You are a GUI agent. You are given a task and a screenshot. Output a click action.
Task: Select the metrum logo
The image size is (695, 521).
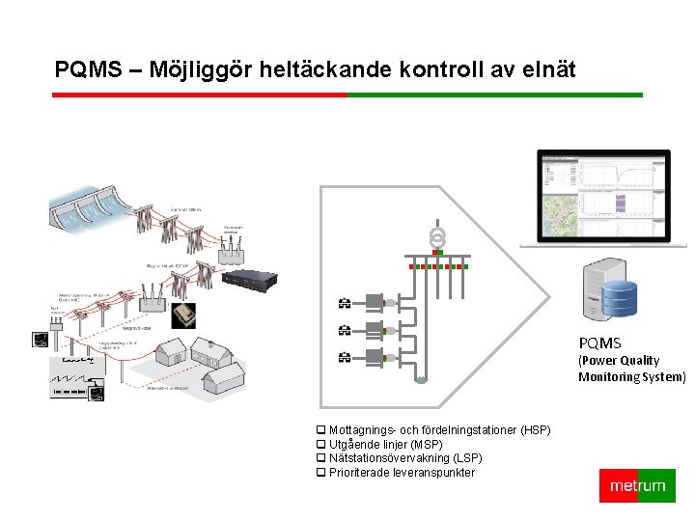pos(637,485)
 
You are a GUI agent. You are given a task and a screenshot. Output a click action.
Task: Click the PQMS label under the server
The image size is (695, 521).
pos(600,343)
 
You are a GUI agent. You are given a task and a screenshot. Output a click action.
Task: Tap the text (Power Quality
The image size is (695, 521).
pos(619,360)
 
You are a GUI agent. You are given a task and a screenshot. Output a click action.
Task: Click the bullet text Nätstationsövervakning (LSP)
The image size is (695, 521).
pos(405,457)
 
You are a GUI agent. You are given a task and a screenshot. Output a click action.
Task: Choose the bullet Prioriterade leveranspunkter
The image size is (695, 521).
pos(402,472)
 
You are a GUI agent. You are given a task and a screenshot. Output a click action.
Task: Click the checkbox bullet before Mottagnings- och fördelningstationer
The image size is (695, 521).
pos(321,429)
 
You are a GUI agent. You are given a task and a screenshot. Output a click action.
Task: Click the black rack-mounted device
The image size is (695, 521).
pos(249,279)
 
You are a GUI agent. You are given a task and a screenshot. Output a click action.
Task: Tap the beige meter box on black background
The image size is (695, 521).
pos(184,315)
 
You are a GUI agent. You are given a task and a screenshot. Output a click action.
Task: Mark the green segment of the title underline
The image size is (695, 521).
pos(494,95)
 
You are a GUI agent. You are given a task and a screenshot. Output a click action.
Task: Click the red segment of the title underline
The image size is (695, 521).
pos(199,95)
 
